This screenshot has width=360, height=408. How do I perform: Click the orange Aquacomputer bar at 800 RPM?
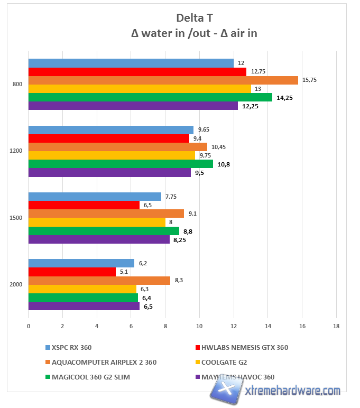[x=163, y=80]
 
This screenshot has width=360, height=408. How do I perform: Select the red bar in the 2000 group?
[x=72, y=272]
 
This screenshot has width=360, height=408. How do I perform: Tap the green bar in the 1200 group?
[x=121, y=164]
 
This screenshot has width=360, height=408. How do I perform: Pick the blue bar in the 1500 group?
[x=95, y=197]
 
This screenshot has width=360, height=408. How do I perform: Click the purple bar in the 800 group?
[x=133, y=106]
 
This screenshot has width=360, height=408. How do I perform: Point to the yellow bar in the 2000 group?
[x=82, y=289]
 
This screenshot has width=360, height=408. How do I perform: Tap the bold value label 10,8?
[x=224, y=164]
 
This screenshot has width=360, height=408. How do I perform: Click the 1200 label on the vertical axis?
[x=15, y=151]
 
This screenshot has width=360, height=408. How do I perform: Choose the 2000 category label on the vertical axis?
[x=15, y=284]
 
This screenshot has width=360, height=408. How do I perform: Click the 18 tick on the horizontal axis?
[x=336, y=327]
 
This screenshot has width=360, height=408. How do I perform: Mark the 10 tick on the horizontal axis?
[x=199, y=327]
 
